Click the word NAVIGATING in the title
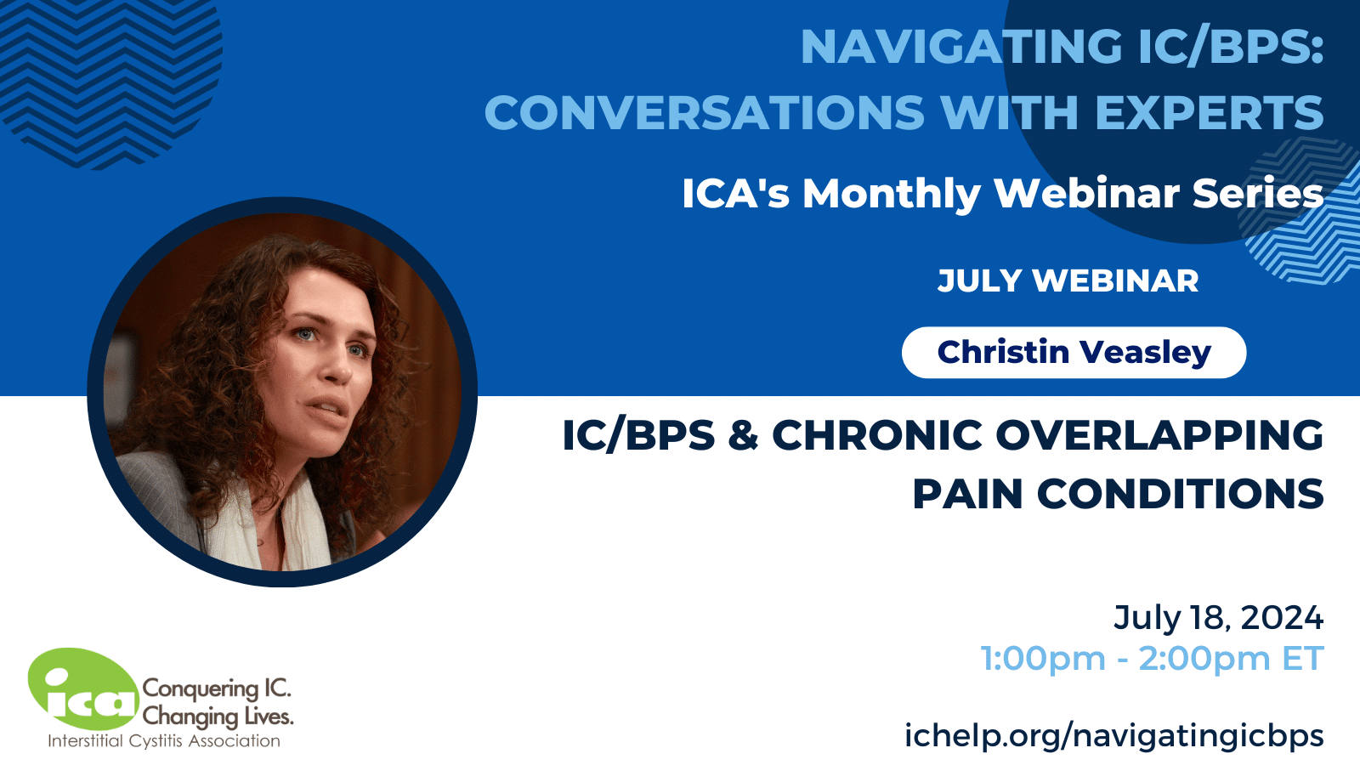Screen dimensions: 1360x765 pos(961,46)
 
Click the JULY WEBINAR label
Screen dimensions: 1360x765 pos(1068,280)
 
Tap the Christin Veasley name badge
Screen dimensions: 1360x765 pos(1074,353)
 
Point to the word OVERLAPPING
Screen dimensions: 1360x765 pos(1159,435)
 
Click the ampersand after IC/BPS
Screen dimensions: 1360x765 pos(743,435)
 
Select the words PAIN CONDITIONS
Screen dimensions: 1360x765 pos(1118,494)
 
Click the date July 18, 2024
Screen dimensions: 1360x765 pos(1219,618)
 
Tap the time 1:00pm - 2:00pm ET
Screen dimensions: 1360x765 pos(1153,659)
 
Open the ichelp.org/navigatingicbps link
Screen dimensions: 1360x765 pos(1114,736)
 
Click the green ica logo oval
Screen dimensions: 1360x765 pos(83,689)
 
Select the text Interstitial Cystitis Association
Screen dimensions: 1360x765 pos(164,740)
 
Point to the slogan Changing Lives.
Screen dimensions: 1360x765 pos(218,717)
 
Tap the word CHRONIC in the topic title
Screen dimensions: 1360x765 pos(876,435)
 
